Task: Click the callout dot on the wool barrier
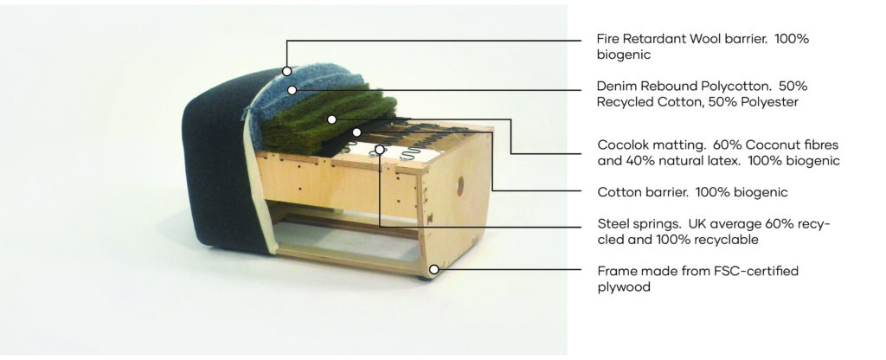pos(287,71)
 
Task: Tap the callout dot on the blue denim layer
pos(292,90)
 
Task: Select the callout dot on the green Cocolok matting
pos(331,119)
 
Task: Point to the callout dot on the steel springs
pos(381,149)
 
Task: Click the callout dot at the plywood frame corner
pos(433,270)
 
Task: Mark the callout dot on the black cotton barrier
pos(356,132)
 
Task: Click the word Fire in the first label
pos(608,39)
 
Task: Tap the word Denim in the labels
pos(615,87)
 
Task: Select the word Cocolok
pos(620,144)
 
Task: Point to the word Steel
pos(612,224)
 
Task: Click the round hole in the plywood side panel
pos(460,183)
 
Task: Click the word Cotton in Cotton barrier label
pos(616,192)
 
